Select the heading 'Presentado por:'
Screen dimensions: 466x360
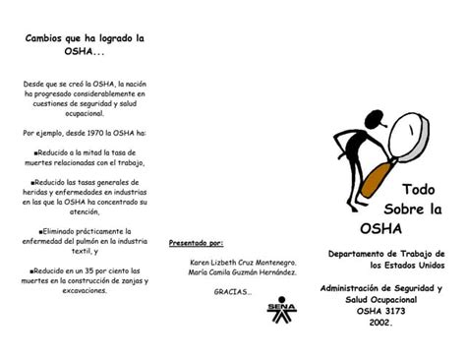[x=197, y=242]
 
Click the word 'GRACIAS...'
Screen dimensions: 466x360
[x=234, y=292]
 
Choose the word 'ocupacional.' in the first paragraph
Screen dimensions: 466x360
[x=85, y=114]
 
